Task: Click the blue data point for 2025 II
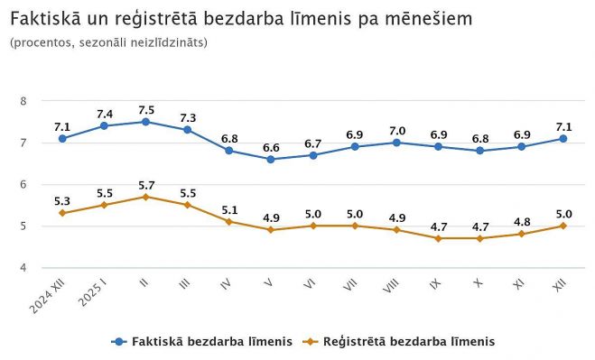coord(145,122)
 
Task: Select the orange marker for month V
coord(270,230)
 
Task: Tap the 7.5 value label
coord(145,109)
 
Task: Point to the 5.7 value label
coord(145,184)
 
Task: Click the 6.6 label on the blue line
coord(270,147)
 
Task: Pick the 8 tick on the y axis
coord(23,101)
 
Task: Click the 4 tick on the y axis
coord(23,268)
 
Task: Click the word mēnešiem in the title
coord(421,18)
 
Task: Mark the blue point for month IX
coord(438,146)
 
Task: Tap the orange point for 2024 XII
coord(62,213)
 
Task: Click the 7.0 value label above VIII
coord(396,130)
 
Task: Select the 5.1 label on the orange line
coord(228,209)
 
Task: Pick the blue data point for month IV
coord(228,151)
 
